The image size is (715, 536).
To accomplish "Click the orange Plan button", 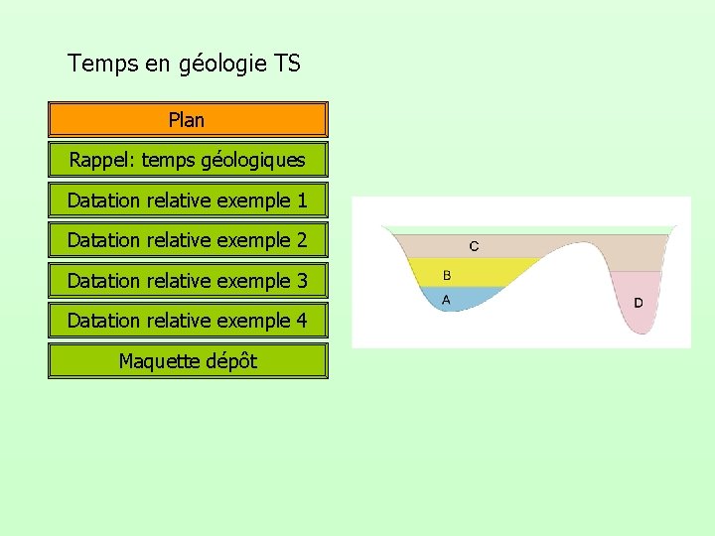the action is click(x=188, y=120).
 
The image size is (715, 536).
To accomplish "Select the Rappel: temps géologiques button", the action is click(x=188, y=160).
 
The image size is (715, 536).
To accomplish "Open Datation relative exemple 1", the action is click(x=188, y=201).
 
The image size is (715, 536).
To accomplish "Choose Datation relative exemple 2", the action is click(x=188, y=240).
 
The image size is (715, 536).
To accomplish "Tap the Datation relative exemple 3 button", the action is click(x=188, y=281).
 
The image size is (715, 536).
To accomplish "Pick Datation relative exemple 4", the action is click(x=188, y=321).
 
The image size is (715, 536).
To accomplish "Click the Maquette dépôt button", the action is click(x=188, y=361).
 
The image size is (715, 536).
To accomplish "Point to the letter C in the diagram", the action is click(x=474, y=246).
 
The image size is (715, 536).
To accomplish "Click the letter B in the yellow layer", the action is click(x=447, y=275).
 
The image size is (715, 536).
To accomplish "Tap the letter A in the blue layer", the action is click(x=446, y=299).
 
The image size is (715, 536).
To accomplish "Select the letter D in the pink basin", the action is click(x=638, y=302).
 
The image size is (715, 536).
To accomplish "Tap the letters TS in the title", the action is click(x=287, y=65).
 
